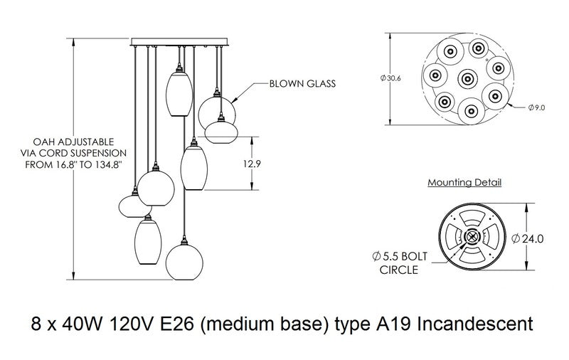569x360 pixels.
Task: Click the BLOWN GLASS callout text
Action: [x=302, y=83]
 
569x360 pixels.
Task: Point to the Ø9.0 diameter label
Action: [x=536, y=107]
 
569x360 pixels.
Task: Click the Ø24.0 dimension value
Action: [x=533, y=239]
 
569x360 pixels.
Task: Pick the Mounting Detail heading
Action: [x=464, y=183]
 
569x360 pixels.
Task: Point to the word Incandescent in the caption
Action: [x=473, y=326]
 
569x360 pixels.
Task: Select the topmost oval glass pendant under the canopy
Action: [x=180, y=89]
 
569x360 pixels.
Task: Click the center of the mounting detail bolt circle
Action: [x=472, y=239]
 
